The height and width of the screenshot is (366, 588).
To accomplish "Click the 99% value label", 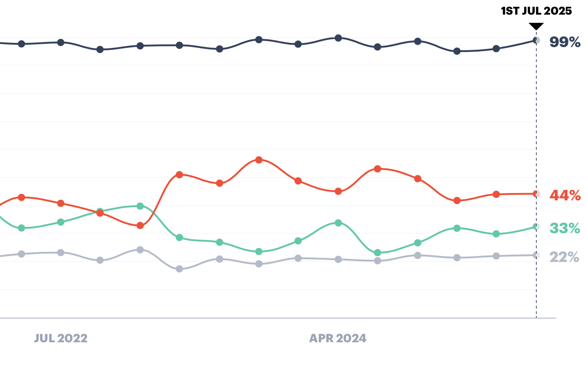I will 565,42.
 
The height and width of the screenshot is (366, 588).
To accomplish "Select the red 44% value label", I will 565,196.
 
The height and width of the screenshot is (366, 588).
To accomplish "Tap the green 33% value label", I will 565,228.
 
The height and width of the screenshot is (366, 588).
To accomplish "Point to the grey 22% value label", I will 565,257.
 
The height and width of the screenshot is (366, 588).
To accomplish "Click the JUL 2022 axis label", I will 61,339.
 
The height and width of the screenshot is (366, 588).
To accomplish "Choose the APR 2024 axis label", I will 338,339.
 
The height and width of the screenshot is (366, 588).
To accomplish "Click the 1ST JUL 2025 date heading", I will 536,11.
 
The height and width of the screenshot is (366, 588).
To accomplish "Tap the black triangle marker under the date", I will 536,26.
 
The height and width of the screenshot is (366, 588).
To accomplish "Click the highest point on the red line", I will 259,160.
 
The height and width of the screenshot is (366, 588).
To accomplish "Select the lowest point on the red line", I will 140,225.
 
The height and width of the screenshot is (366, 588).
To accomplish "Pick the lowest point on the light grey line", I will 179,269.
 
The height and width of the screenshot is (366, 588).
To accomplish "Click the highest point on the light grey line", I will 140,250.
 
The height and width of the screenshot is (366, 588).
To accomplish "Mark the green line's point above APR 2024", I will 338,223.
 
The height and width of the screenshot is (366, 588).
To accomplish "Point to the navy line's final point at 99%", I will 536,40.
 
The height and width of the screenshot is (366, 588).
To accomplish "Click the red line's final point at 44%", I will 536,194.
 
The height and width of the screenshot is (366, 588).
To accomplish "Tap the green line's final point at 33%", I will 536,227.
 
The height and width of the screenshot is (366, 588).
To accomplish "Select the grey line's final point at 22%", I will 536,255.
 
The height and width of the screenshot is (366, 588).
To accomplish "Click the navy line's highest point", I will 338,38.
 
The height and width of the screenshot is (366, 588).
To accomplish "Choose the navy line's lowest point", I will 457,51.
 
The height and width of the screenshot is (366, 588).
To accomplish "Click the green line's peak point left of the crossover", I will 140,206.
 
